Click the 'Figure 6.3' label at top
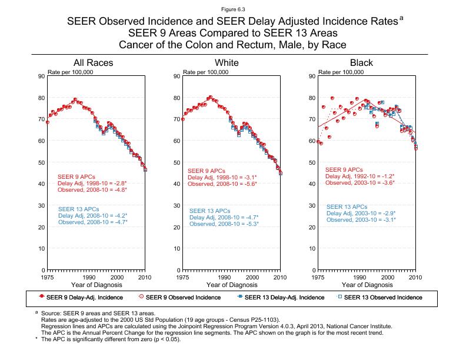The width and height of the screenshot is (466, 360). [232, 10]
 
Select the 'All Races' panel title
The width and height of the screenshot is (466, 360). [93, 63]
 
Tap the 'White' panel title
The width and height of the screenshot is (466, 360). [227, 63]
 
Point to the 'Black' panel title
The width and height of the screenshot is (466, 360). [361, 63]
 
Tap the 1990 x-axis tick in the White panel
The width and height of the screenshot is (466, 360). [224, 276]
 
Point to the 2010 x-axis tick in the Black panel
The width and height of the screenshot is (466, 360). [416, 276]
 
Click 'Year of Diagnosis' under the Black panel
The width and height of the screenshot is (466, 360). [367, 285]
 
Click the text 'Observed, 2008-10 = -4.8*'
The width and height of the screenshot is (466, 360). [92, 190]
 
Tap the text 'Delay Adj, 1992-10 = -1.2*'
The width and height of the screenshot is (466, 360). [360, 176]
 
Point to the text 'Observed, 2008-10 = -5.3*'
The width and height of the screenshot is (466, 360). [224, 224]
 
